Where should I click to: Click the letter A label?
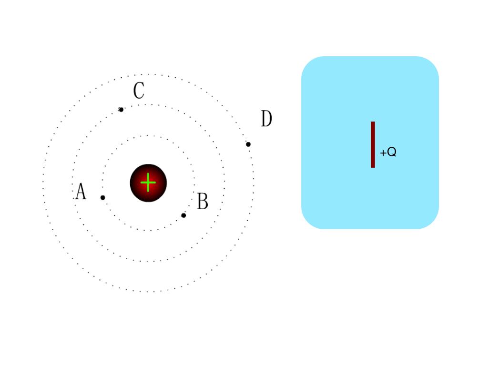[81, 192]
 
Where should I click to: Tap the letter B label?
[203, 202]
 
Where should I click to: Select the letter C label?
[139, 91]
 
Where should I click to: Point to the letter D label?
[266, 119]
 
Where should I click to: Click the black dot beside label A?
[102, 197]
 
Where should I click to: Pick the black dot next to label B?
[183, 215]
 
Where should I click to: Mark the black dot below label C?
[121, 110]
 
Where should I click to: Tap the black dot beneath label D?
[248, 144]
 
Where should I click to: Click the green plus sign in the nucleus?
[148, 183]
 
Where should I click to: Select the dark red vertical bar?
[373, 144]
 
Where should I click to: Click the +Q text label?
[388, 152]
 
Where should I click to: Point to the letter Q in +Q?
[391, 152]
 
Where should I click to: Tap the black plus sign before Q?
[383, 153]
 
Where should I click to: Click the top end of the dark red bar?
[373, 123]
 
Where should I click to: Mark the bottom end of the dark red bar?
[373, 166]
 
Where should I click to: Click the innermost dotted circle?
[148, 136]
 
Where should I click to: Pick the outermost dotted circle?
[148, 74]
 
